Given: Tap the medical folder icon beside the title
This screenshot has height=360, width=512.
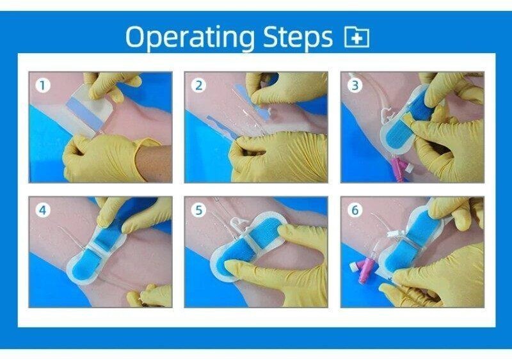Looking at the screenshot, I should [x=357, y=38].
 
